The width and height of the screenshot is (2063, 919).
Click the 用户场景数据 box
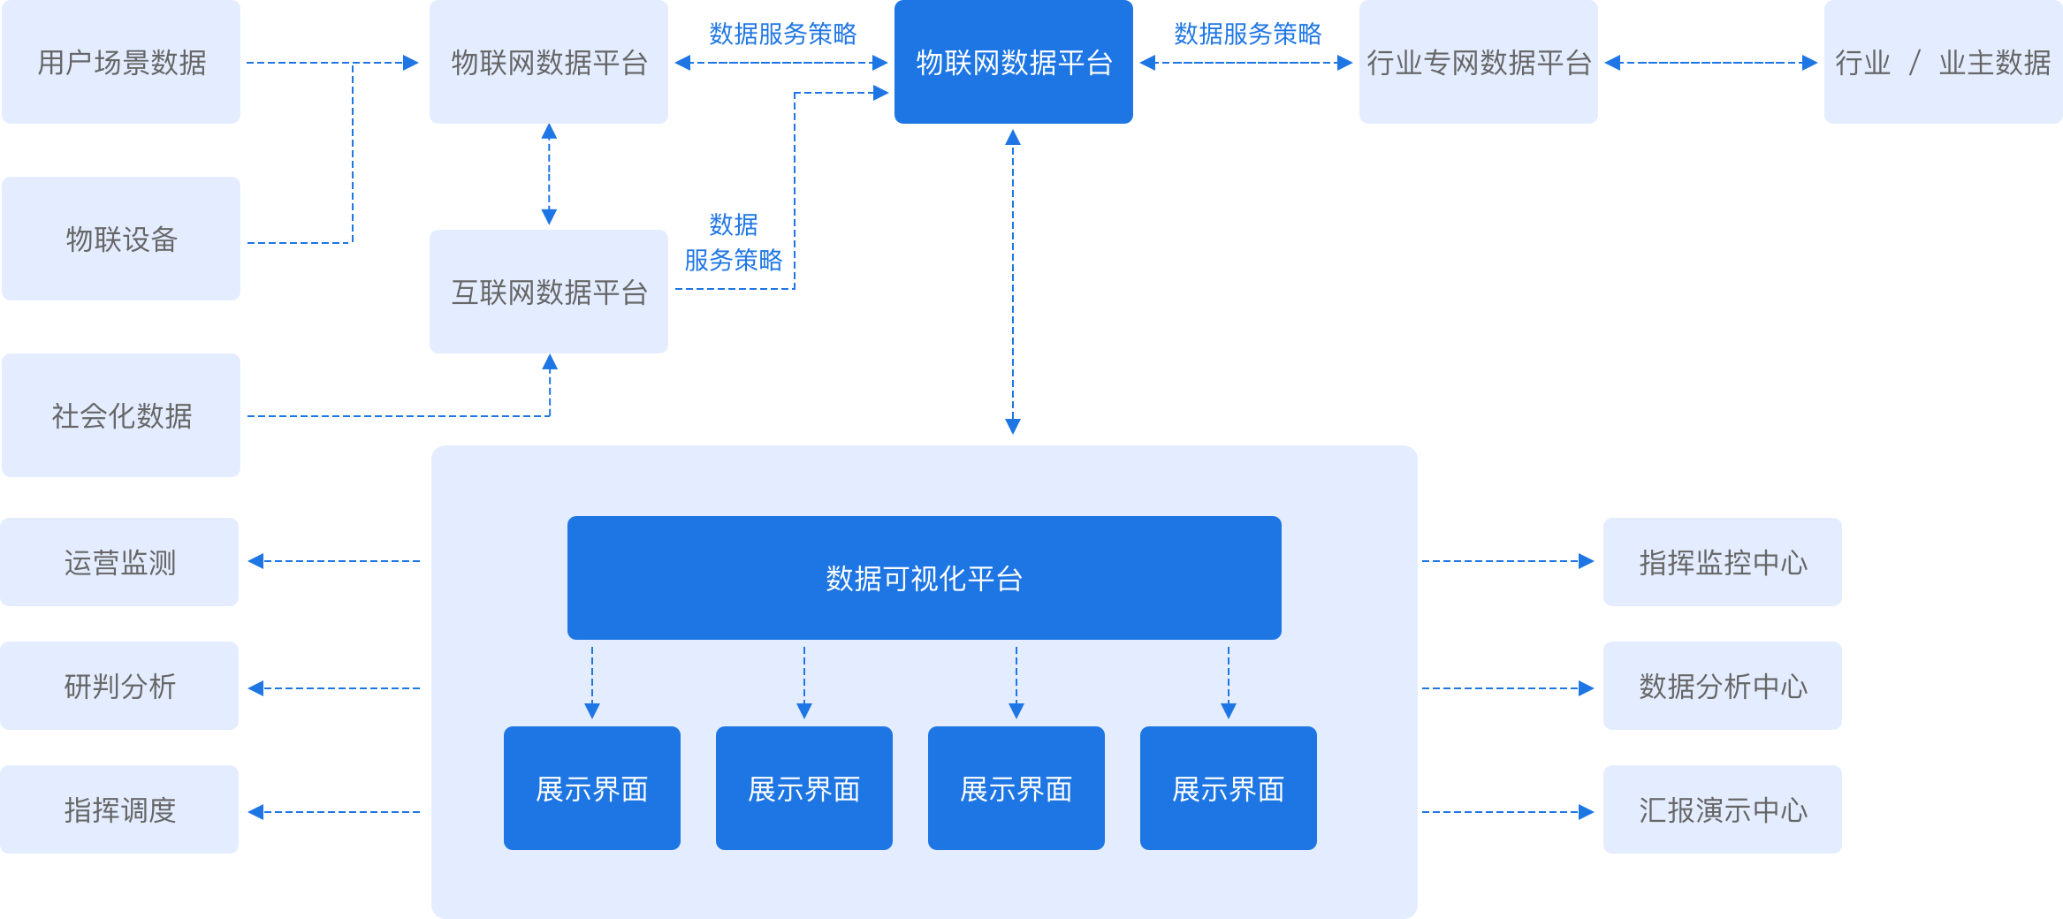tap(121, 62)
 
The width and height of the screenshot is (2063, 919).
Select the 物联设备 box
tap(121, 239)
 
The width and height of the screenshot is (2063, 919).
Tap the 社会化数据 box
tap(121, 415)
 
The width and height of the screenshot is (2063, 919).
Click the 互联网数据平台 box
tap(549, 292)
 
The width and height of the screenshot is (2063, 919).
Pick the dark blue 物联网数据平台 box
tap(1013, 62)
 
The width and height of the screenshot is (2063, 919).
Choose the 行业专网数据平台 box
tap(1478, 62)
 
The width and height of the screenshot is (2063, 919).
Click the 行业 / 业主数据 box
tap(1943, 62)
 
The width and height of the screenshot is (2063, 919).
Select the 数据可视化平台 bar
tap(924, 578)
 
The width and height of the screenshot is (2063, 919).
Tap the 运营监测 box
tap(119, 562)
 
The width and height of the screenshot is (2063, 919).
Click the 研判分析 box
tap(119, 686)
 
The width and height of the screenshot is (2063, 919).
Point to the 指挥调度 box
tap(119, 809)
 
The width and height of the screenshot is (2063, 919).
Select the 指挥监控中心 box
tap(1722, 562)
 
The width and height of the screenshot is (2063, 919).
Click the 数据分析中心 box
tap(1722, 686)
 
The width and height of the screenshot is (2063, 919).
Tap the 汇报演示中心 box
tap(1722, 809)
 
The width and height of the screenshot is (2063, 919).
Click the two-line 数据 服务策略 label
tap(734, 243)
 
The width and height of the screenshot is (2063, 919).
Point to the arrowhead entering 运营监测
tap(255, 561)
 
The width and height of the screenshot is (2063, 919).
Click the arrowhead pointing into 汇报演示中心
tap(1587, 812)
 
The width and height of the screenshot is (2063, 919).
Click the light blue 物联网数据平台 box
tap(549, 62)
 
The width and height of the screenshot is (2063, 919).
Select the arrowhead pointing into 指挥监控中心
tap(1587, 561)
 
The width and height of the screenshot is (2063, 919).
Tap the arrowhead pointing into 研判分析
tap(255, 688)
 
